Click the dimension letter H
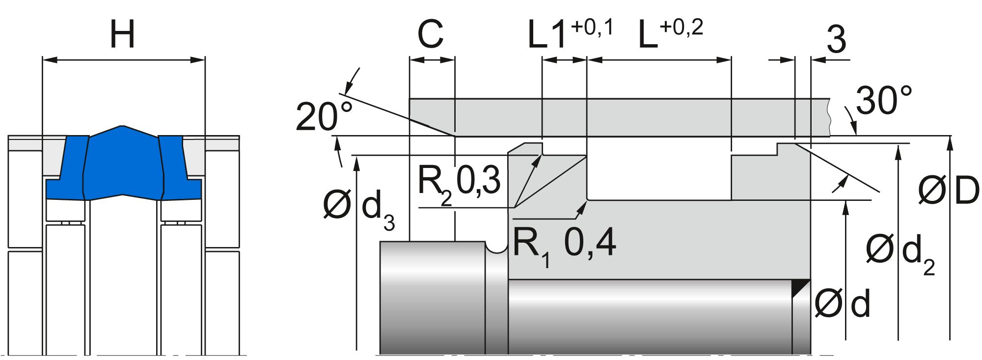click(x=122, y=34)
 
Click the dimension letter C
click(x=430, y=35)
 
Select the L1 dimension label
click(x=546, y=35)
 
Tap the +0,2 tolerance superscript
click(x=682, y=27)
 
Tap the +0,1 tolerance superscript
click(x=592, y=27)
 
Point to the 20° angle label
click(x=324, y=117)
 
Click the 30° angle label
click(x=884, y=101)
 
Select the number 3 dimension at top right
click(x=837, y=39)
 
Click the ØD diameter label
click(x=948, y=191)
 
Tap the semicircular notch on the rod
click(x=496, y=247)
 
